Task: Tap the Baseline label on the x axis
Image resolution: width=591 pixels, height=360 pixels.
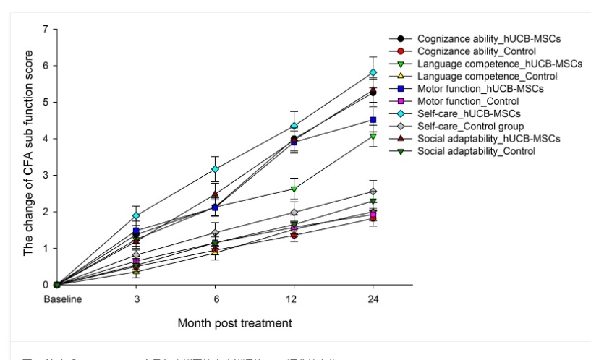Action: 56,298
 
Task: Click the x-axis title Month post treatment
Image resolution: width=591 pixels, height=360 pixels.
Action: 235,322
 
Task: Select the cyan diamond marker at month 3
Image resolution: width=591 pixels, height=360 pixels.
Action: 135,215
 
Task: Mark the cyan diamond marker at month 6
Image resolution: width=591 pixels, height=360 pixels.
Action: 215,169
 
